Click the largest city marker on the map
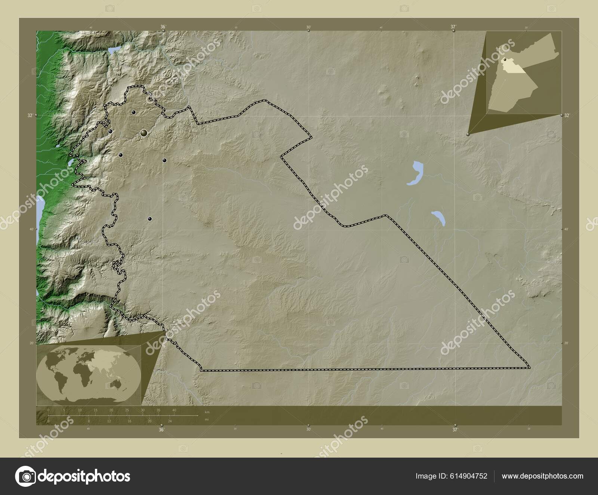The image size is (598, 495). pyautogui.click(x=144, y=133)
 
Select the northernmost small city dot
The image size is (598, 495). pyautogui.click(x=133, y=112)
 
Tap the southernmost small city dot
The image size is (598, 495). pyautogui.click(x=150, y=219)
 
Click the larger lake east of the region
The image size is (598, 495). pyautogui.click(x=416, y=173)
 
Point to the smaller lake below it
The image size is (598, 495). pyautogui.click(x=438, y=218)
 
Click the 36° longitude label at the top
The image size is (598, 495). pyautogui.click(x=163, y=27)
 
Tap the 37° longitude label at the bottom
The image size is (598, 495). pyautogui.click(x=455, y=430)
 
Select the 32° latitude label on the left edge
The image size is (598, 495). pyautogui.click(x=30, y=116)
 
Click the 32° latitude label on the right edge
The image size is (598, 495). pyautogui.click(x=567, y=116)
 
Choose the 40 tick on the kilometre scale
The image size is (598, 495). pyautogui.click(x=174, y=411)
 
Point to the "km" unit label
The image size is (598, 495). pyautogui.click(x=207, y=412)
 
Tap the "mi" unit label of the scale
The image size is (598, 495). pyautogui.click(x=207, y=419)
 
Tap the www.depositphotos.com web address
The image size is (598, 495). pyautogui.click(x=542, y=476)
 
